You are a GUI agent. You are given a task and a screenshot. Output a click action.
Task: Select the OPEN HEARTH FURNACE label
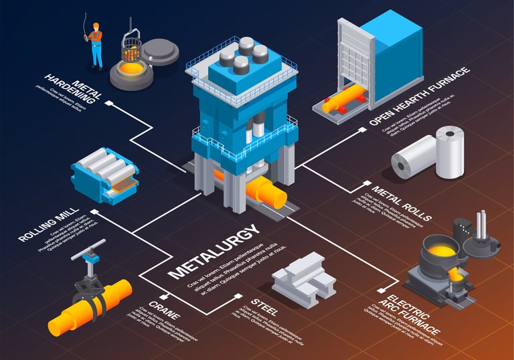(419, 98)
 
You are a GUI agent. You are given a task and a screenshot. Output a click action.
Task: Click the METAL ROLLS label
(402, 201)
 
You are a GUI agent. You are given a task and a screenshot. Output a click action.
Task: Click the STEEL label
(263, 306)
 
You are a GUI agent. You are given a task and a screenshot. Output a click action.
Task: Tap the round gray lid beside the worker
(160, 50)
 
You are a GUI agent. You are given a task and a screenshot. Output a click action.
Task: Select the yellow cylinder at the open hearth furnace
(342, 100)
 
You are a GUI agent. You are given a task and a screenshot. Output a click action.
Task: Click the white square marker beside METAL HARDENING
(108, 104)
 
